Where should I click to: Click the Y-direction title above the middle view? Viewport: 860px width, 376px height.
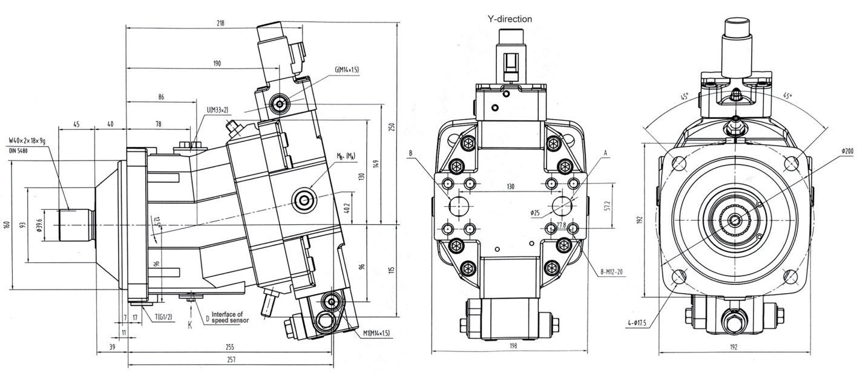pyautogui.click(x=510, y=19)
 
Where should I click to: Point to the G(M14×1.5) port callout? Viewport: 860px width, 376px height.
pyautogui.click(x=347, y=70)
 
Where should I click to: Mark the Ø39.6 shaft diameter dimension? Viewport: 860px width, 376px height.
pyautogui.click(x=39, y=225)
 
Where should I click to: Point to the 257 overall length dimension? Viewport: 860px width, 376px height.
pyautogui.click(x=231, y=360)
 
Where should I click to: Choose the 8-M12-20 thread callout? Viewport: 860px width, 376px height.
pyautogui.click(x=611, y=272)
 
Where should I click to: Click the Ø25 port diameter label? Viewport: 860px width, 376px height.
pyautogui.click(x=534, y=212)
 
